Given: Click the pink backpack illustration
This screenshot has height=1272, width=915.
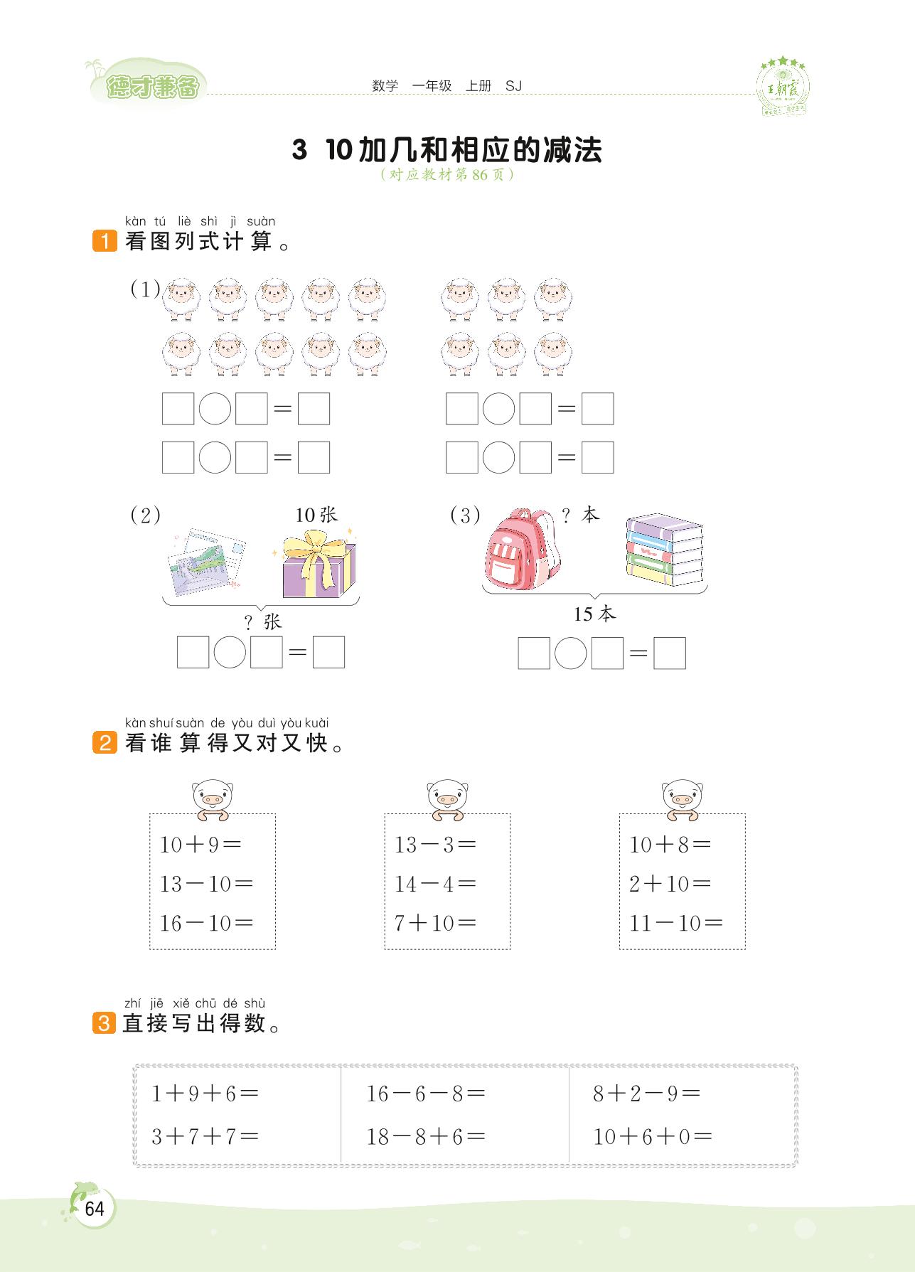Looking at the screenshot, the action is coord(522,549).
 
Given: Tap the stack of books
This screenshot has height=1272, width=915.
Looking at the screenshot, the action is coord(664,550).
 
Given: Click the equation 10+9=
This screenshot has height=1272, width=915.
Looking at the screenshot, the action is coord(200,845).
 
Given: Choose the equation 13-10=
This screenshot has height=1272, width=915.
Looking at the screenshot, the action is coord(206,884).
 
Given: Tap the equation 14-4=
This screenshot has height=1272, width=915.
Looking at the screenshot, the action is coord(435,884).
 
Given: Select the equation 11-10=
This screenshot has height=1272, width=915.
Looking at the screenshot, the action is coord(675,923).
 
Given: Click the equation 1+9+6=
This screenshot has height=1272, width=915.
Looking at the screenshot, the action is coord(205,1094).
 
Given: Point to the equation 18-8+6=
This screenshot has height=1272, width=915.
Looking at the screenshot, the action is coord(425,1136).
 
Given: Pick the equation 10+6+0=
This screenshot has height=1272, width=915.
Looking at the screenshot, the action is coord(653,1136).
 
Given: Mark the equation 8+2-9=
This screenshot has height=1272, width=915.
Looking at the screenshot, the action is coord(646,1094).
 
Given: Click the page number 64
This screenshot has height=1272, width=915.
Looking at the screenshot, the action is coord(94,1209).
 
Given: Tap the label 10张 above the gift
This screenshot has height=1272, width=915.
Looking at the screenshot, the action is coord(316,515).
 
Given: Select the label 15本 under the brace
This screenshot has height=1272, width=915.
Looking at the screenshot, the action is coord(594,614).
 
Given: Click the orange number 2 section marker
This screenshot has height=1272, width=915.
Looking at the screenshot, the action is coord(104,744).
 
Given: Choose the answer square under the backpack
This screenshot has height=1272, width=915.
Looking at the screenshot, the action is coord(534,653).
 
